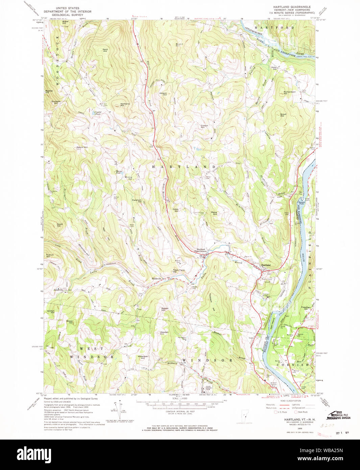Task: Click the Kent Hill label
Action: coord(105,50)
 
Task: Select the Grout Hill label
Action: coord(283,115)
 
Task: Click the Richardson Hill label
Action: coord(290,93)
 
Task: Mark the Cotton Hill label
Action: coord(205,126)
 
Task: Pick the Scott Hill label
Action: coord(60,225)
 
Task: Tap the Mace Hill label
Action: coord(214,213)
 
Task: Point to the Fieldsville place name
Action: coord(154,279)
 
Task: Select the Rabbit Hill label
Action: coord(165,309)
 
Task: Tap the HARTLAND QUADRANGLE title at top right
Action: coord(292,7)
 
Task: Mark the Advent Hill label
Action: coord(163,94)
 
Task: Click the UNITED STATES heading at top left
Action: coord(68,8)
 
